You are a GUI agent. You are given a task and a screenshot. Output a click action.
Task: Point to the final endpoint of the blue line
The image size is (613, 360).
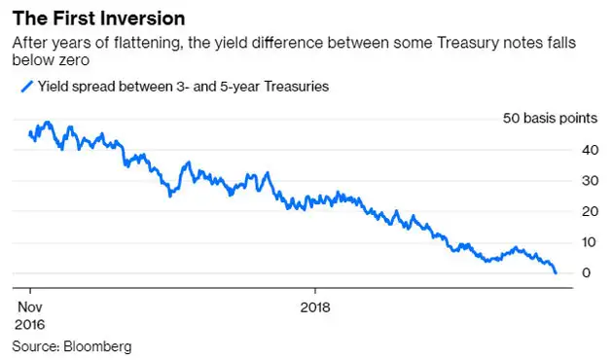[x=556, y=273]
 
